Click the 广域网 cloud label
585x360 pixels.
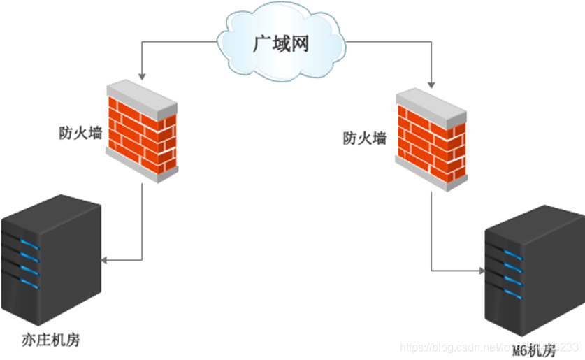pos(280,45)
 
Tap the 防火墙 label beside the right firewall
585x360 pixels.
pos(364,138)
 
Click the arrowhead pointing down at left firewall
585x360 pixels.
pos(142,74)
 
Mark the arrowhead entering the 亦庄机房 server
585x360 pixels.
pos(104,261)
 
